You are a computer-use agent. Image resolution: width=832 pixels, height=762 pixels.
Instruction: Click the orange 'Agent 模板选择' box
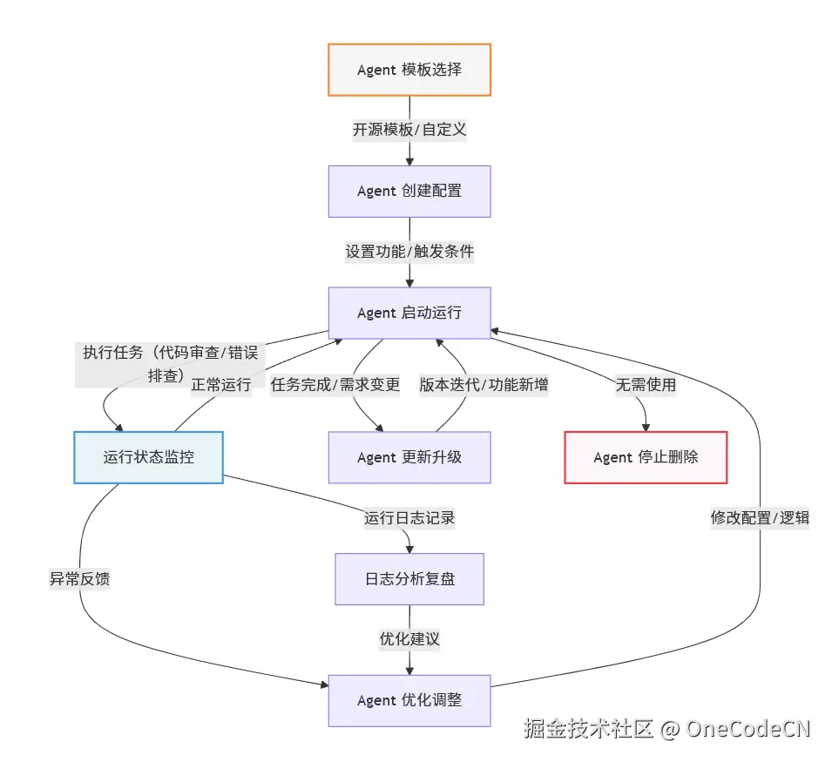[409, 70]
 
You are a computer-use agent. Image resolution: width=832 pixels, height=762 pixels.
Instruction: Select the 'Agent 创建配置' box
[409, 192]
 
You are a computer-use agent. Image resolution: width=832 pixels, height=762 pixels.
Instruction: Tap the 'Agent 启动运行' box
[409, 314]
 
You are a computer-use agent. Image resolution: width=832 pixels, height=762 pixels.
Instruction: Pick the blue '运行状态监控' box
[149, 457]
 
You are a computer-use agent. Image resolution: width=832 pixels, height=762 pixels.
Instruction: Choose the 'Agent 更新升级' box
[409, 457]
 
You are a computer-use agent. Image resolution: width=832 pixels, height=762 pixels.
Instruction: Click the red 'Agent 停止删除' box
[646, 457]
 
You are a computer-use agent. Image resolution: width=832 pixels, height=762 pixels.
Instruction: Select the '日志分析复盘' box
[409, 579]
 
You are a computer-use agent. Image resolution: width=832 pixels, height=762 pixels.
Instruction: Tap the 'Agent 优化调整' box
[409, 700]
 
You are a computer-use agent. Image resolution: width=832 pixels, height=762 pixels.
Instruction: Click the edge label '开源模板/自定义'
[409, 131]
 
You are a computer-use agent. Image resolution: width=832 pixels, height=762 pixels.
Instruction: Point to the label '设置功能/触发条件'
[409, 253]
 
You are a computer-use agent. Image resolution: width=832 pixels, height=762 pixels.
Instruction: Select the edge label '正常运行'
[221, 385]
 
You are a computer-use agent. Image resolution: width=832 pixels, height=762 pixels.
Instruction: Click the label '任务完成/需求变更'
[335, 385]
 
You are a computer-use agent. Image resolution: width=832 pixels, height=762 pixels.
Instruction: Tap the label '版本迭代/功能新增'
[484, 385]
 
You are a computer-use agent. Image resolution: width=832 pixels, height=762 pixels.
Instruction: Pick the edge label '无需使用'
[646, 385]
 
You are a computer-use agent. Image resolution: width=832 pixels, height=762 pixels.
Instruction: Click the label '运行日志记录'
[409, 518]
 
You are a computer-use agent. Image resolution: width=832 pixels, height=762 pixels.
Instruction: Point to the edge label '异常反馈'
[80, 578]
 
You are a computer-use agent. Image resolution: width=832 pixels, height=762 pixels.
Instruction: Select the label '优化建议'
[409, 639]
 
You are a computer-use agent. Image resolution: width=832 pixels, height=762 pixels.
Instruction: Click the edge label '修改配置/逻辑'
[760, 518]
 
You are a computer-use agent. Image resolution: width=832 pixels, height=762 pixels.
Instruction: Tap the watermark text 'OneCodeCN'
[748, 729]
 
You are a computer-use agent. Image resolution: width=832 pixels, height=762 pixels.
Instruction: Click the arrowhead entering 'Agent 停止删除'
[646, 427]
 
